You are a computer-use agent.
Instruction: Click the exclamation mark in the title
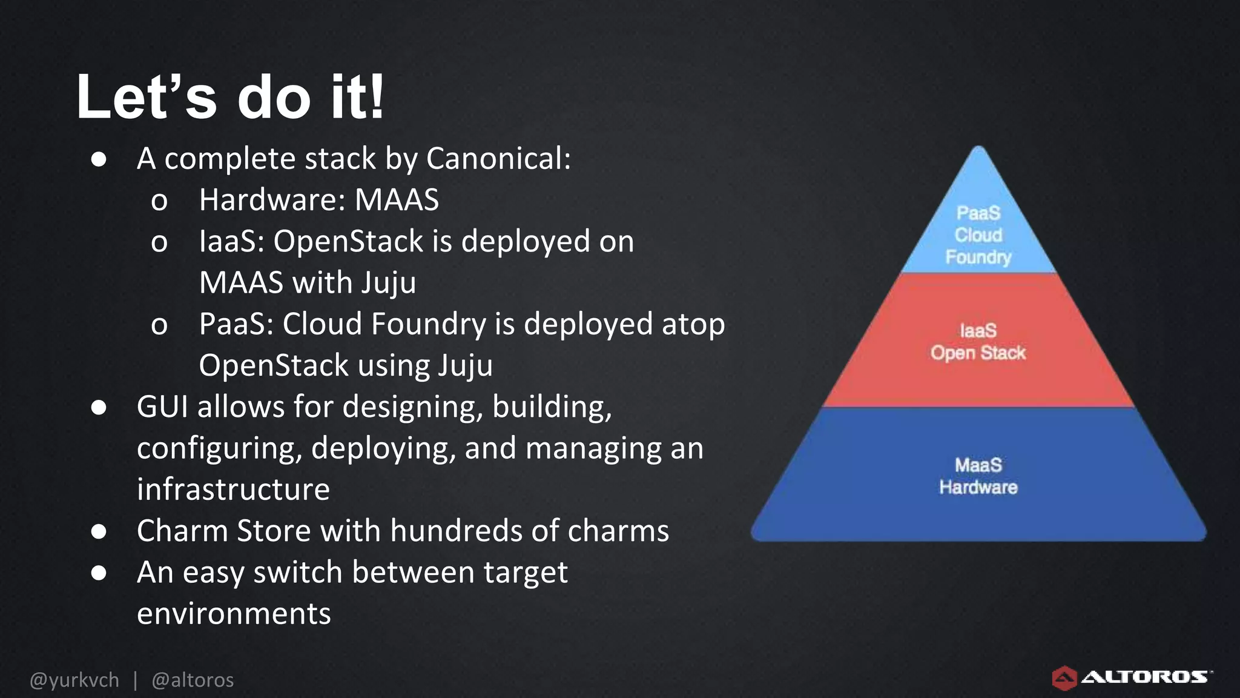tap(377, 97)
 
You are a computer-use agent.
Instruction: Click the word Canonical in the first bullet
tap(498, 159)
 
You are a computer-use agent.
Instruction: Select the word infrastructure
tap(233, 490)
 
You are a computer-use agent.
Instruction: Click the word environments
tap(234, 614)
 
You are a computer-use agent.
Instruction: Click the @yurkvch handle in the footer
tap(74, 680)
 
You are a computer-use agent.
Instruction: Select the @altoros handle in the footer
tap(193, 680)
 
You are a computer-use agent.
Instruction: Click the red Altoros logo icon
tap(1064, 678)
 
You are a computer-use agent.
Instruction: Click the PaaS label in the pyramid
tap(978, 213)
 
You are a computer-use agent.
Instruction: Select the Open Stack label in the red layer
tap(978, 353)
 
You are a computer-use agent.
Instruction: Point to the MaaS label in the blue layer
tap(978, 465)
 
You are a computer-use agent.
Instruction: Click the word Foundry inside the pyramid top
tap(978, 258)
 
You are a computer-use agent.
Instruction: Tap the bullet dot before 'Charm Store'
tap(99, 531)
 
